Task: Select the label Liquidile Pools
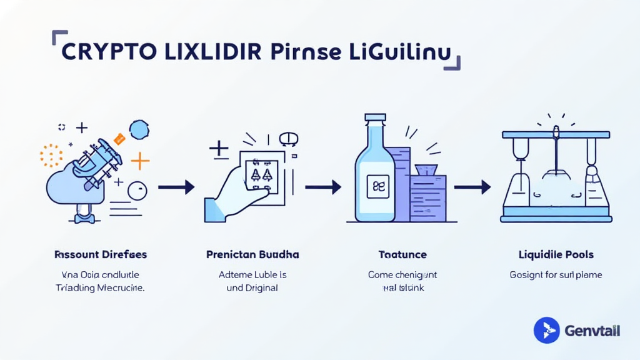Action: coord(556,255)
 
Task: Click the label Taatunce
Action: coord(402,255)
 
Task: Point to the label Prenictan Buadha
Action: coord(252,255)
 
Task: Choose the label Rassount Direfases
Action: coord(101,255)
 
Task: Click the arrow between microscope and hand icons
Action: coord(176,187)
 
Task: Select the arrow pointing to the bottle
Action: coord(322,187)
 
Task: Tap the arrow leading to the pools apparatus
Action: coord(472,187)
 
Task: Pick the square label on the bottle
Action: coord(377,186)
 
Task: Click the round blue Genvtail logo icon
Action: coord(547,330)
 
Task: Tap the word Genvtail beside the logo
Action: coord(592,331)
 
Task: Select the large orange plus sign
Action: coord(140,162)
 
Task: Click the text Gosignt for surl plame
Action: coord(556,275)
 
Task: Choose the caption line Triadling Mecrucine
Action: coord(100,288)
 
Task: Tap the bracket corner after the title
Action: coord(455,62)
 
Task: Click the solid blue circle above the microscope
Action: coord(139,129)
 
